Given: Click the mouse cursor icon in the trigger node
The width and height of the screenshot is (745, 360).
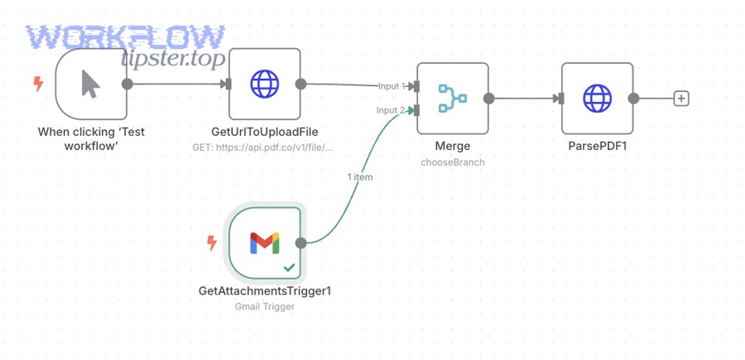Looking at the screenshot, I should pyautogui.click(x=91, y=84).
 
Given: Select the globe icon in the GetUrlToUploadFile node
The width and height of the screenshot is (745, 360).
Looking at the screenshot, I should pyautogui.click(x=264, y=84).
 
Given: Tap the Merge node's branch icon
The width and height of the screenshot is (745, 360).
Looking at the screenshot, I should pyautogui.click(x=452, y=98).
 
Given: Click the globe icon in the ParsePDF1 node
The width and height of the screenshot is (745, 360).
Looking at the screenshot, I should pyautogui.click(x=596, y=98).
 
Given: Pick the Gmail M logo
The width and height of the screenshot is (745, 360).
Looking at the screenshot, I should pyautogui.click(x=264, y=242).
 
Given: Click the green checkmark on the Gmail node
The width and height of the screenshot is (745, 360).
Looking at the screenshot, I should pyautogui.click(x=289, y=267).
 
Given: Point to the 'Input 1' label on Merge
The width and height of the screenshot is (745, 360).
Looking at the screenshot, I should pyautogui.click(x=392, y=86).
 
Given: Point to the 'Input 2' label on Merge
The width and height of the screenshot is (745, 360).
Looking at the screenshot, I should pyautogui.click(x=392, y=110).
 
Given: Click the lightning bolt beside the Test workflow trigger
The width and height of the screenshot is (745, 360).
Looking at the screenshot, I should pyautogui.click(x=37, y=84).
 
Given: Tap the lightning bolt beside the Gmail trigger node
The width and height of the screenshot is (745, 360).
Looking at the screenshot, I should pyautogui.click(x=211, y=242).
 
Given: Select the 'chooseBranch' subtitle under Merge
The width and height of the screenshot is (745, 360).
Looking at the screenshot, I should pyautogui.click(x=452, y=162).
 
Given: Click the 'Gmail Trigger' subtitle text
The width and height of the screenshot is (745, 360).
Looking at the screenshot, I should pyautogui.click(x=264, y=306).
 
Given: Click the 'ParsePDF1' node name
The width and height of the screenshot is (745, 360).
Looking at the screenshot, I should pyautogui.click(x=596, y=146).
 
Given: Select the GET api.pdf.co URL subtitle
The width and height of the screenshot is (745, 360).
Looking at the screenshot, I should pyautogui.click(x=264, y=147).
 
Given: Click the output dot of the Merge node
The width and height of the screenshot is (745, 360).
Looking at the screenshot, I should pyautogui.click(x=489, y=98).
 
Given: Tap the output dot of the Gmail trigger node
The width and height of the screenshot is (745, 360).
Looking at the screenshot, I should pyautogui.click(x=301, y=242).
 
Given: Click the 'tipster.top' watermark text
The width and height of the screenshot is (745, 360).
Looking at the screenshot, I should pyautogui.click(x=173, y=59).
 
